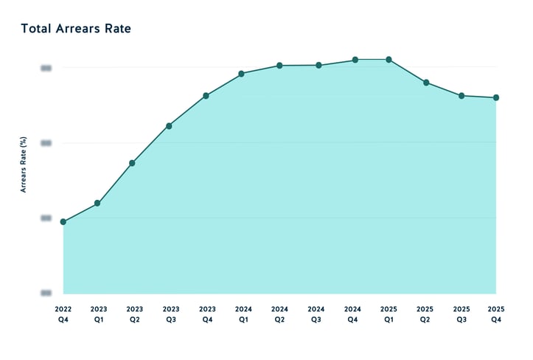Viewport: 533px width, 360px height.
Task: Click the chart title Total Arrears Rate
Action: tap(76, 29)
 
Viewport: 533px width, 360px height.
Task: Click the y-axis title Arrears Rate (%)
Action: tap(24, 165)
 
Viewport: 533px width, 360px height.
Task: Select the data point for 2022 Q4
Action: tap(63, 221)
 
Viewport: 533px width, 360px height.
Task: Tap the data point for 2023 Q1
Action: tap(97, 203)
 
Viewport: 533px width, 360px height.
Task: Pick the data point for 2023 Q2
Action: tap(132, 162)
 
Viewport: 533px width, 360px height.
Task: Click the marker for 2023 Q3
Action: tap(169, 125)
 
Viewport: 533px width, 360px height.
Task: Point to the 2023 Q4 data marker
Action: tap(206, 95)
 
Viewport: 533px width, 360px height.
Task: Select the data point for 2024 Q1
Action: tap(242, 74)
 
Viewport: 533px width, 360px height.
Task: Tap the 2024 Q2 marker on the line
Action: tap(279, 66)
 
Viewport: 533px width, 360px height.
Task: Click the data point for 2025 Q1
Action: tap(389, 60)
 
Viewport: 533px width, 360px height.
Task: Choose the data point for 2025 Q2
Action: tap(426, 83)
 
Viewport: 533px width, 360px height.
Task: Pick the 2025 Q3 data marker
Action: tap(461, 96)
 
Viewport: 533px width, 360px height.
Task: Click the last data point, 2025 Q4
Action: tap(496, 97)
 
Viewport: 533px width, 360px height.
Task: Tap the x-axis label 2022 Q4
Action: tap(63, 314)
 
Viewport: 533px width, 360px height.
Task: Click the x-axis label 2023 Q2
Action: tap(134, 314)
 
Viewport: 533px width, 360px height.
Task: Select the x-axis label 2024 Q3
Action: tap(316, 314)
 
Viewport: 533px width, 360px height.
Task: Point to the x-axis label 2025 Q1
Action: tap(389, 314)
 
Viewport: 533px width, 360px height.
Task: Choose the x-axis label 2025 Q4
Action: tap(497, 314)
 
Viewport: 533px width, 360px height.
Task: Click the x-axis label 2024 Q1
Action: tap(243, 314)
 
